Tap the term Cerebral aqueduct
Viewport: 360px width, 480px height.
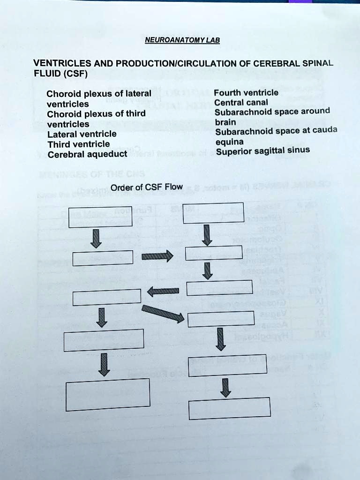point(87,154)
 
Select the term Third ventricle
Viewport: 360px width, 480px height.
point(79,144)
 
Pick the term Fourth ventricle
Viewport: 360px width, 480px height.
point(246,92)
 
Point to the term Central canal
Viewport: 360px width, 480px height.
point(241,102)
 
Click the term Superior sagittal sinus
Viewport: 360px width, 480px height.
point(262,151)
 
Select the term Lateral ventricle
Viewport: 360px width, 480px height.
point(82,134)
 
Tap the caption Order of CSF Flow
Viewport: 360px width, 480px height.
point(146,187)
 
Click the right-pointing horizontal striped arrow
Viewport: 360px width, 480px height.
point(157,256)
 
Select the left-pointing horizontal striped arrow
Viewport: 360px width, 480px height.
point(164,291)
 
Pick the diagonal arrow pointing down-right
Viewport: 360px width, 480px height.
point(163,314)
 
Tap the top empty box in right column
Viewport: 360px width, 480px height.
point(213,213)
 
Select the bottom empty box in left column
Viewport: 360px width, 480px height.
point(108,394)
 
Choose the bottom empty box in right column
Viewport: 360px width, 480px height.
point(230,408)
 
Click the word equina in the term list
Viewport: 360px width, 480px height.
point(229,142)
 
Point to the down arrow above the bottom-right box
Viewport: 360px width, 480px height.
point(226,387)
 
